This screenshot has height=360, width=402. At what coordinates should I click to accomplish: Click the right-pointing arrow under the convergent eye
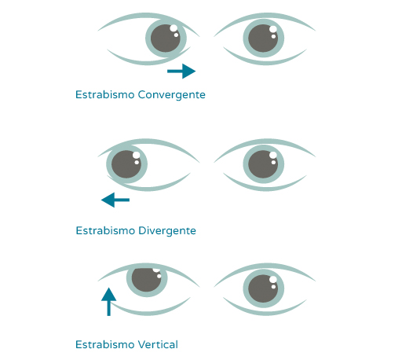(x=181, y=71)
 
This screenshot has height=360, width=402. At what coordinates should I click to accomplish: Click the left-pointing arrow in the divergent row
(x=115, y=200)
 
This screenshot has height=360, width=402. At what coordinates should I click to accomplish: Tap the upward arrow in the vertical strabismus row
(x=108, y=302)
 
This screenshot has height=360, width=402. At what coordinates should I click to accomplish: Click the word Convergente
(x=172, y=95)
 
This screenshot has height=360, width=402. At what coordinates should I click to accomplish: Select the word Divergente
(x=167, y=231)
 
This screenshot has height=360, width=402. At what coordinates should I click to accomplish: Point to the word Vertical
(x=158, y=344)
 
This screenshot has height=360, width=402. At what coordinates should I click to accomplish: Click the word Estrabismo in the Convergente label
(x=104, y=95)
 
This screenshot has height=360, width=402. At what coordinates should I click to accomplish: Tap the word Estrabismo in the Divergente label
(x=105, y=231)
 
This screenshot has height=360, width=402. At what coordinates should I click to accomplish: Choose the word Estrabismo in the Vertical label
(x=104, y=344)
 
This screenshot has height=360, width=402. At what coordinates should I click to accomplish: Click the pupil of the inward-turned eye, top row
(x=166, y=39)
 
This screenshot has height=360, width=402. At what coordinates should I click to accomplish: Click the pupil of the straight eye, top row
(x=263, y=39)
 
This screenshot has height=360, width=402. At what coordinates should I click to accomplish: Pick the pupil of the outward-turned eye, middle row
(x=126, y=164)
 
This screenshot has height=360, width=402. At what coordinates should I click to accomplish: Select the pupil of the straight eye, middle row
(x=263, y=164)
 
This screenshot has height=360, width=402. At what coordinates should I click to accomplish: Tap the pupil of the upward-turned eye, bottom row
(x=147, y=280)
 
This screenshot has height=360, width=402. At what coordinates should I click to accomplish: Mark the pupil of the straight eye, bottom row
(x=263, y=288)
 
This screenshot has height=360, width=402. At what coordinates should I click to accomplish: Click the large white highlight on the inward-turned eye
(x=174, y=28)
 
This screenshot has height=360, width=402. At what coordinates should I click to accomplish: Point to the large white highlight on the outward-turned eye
(x=136, y=155)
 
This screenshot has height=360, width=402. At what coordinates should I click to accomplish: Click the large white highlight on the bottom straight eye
(x=273, y=280)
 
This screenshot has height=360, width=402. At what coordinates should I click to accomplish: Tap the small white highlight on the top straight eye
(x=273, y=37)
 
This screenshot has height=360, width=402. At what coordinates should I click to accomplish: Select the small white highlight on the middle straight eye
(x=273, y=163)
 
